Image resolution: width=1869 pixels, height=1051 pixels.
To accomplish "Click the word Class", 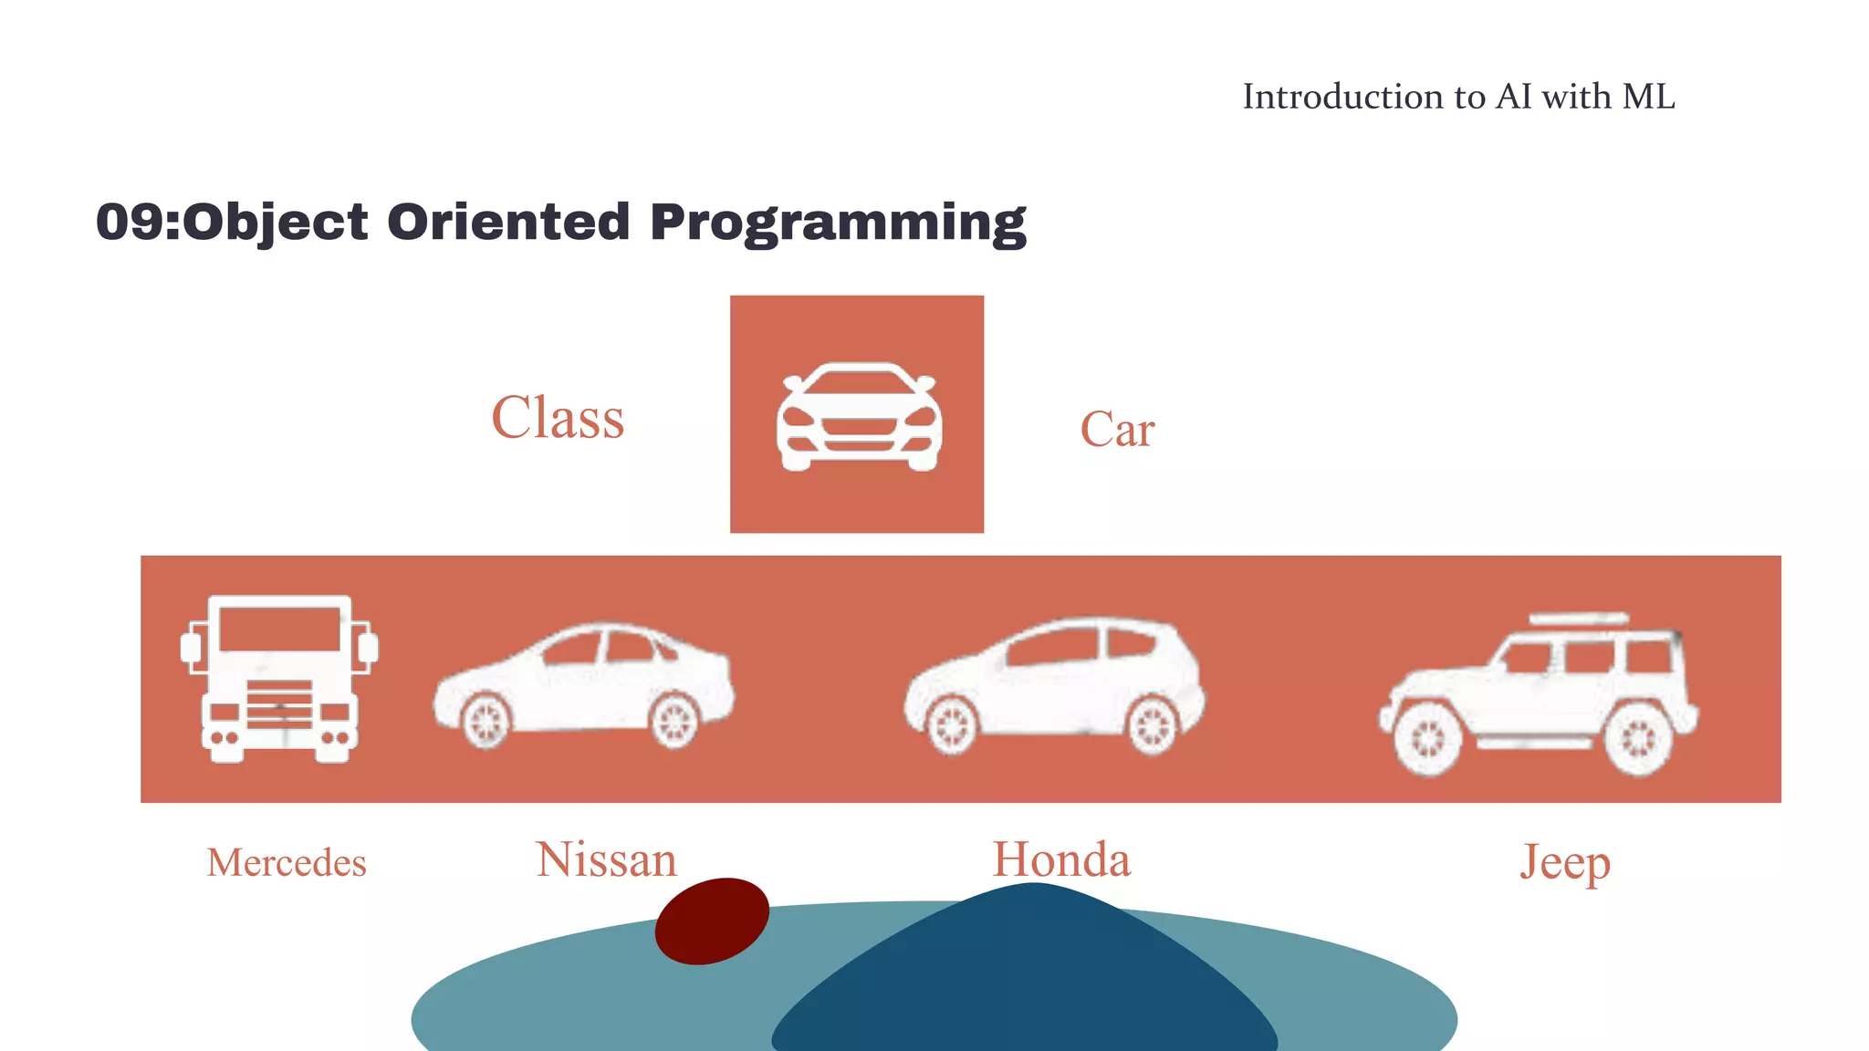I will click(x=558, y=418).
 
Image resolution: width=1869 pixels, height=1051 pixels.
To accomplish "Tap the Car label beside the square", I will click(x=1117, y=430).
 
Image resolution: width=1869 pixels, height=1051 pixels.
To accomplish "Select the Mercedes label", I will click(x=287, y=863).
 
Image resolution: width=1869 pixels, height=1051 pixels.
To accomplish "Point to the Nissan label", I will click(x=607, y=860).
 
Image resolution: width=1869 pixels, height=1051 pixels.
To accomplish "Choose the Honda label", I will click(x=1061, y=860).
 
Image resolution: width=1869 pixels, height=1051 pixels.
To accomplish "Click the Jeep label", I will click(x=1565, y=862).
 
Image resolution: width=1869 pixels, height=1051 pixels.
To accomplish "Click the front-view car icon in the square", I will click(x=859, y=418).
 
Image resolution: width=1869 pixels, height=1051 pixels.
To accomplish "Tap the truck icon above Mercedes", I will click(x=279, y=679).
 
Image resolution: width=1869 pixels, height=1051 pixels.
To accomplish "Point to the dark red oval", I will click(x=712, y=921).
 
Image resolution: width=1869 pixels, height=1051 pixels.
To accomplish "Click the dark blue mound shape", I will click(x=1027, y=985).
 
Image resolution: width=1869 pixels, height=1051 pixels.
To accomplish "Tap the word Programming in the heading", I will click(x=838, y=223).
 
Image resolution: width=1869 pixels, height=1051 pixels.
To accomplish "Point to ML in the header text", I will click(x=1649, y=97).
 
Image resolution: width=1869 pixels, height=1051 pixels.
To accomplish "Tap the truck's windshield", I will click(x=280, y=629).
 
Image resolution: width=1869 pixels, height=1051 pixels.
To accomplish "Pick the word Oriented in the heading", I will click(x=508, y=223).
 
